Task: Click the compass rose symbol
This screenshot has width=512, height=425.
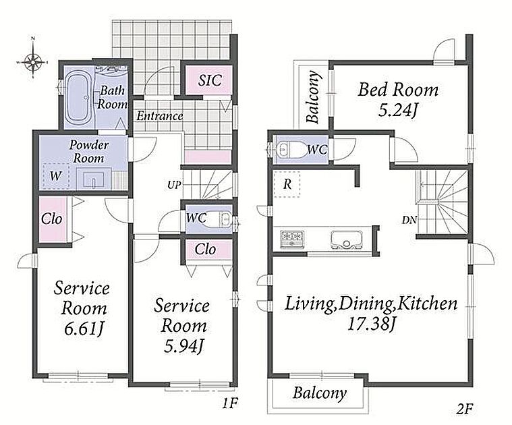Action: coord(33,60)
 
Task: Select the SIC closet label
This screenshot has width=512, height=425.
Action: coord(210,80)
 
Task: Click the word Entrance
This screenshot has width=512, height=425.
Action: coord(160,116)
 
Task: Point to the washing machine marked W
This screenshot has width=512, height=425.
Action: coord(56,175)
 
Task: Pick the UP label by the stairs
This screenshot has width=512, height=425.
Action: coord(174,185)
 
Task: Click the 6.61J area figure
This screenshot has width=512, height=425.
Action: coord(84,329)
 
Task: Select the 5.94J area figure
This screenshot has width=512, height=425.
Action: coord(183,346)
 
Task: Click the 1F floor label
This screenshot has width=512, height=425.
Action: coord(229,403)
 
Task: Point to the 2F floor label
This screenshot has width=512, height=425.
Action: coord(465,408)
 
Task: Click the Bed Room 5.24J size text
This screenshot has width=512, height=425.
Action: coord(398,111)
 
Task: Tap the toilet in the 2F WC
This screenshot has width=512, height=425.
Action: coord(288,149)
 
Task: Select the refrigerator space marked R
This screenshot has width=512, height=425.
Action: coord(287,184)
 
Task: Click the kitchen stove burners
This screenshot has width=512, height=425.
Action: coord(292,239)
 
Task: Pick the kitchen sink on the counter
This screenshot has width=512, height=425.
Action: coord(346,240)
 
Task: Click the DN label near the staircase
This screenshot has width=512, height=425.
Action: coord(409,220)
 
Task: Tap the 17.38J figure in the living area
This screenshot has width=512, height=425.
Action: coord(371,324)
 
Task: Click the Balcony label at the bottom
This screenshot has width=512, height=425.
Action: coord(319,393)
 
